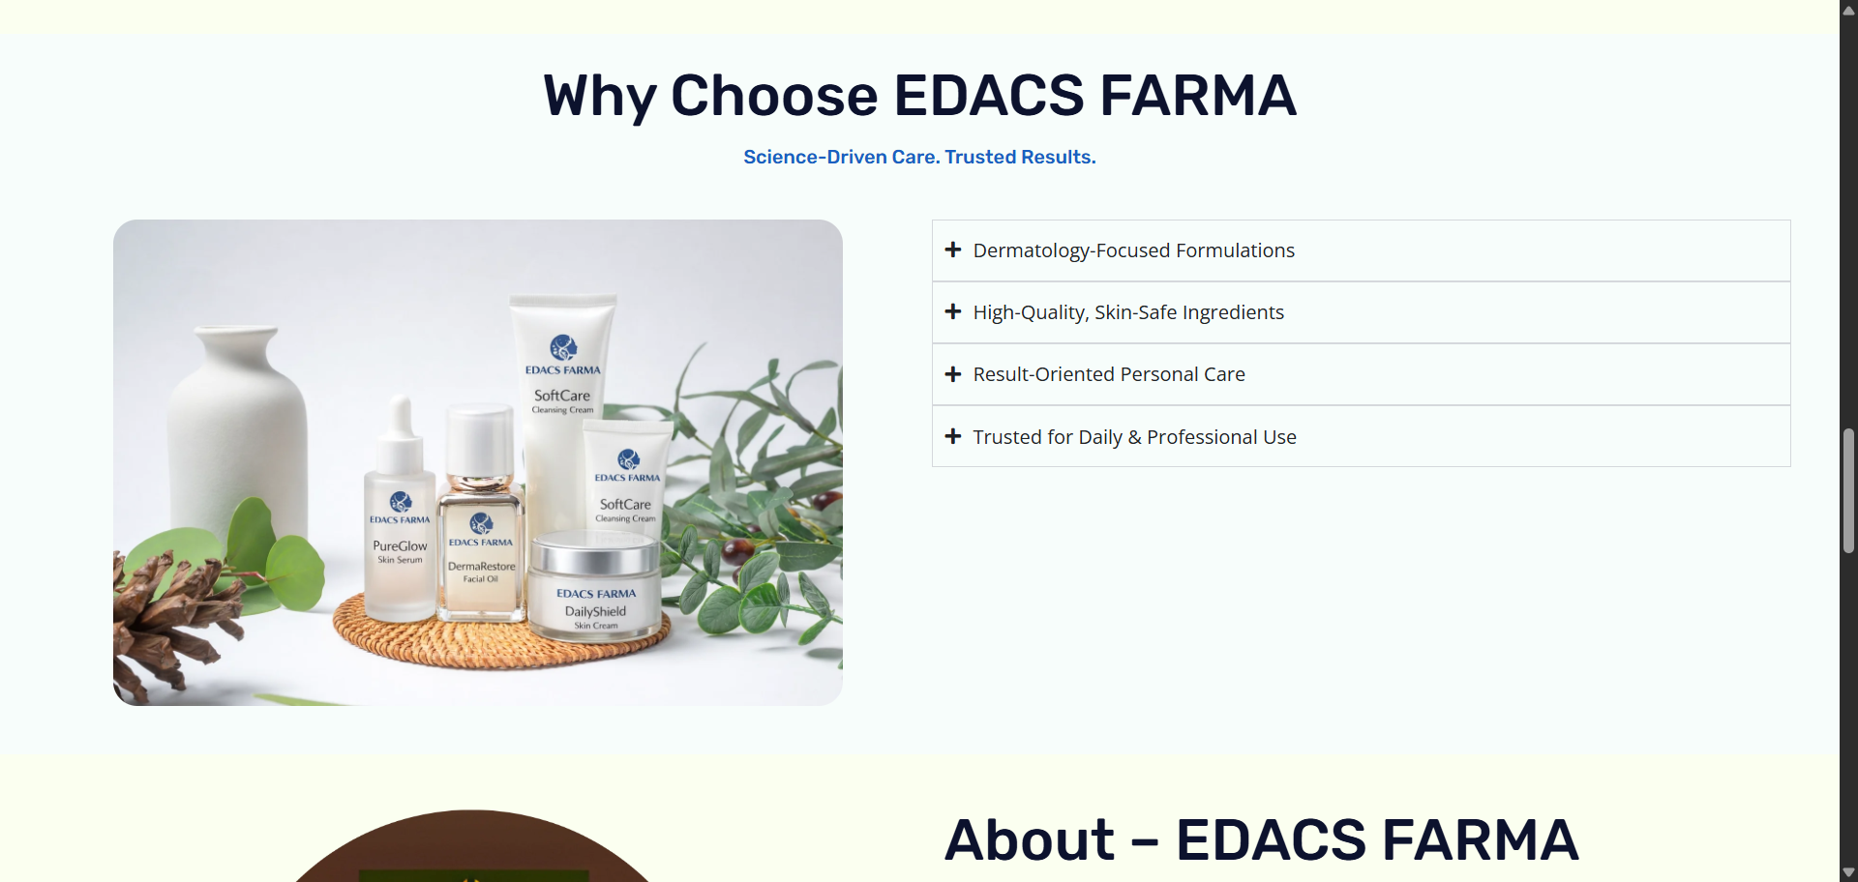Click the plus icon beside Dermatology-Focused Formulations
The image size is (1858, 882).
pyautogui.click(x=953, y=250)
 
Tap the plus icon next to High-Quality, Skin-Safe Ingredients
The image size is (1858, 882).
pyautogui.click(x=953, y=311)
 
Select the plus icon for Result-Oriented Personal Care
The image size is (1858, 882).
pyautogui.click(x=953, y=374)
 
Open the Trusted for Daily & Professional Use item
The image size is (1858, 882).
pyautogui.click(x=1134, y=437)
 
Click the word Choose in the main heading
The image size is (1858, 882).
pyautogui.click(x=774, y=96)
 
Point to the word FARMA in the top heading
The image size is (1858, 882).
pyautogui.click(x=1198, y=96)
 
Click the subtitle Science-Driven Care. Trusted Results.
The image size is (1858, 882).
pyautogui.click(x=919, y=157)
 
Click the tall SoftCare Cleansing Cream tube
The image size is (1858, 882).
pyautogui.click(x=562, y=406)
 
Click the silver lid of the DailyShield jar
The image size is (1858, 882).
pyautogui.click(x=594, y=551)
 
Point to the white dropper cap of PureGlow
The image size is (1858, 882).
pyautogui.click(x=401, y=435)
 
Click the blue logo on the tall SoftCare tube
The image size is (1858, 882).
pyautogui.click(x=563, y=347)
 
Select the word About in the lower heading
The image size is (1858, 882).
pyautogui.click(x=1030, y=839)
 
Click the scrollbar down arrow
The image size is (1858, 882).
pyautogui.click(x=1848, y=872)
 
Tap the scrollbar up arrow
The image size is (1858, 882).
pyautogui.click(x=1848, y=10)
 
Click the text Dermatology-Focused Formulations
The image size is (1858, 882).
pyautogui.click(x=1134, y=250)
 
